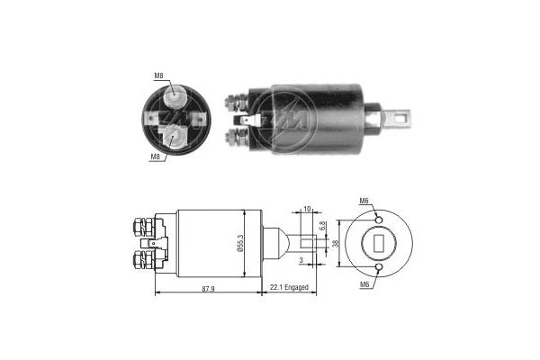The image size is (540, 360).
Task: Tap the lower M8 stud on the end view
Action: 175,137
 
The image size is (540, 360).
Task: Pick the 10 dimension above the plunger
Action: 308,209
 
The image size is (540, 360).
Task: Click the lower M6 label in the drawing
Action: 364,283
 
